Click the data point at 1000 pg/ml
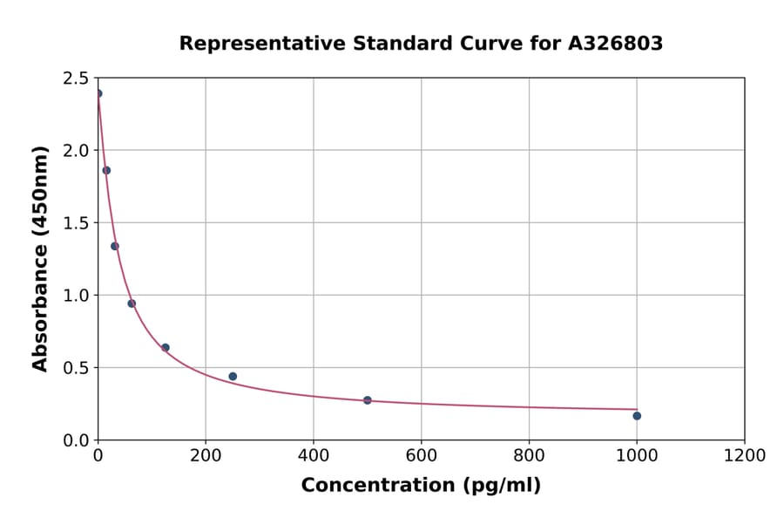tap(637, 416)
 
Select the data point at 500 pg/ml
tap(367, 400)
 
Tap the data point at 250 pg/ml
tap(233, 377)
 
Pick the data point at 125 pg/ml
tap(166, 348)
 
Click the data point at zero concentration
tap(98, 93)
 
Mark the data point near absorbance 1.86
tap(106, 170)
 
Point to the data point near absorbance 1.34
tap(115, 246)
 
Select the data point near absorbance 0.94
tap(132, 303)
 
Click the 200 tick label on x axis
tap(206, 455)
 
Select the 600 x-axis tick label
tap(421, 455)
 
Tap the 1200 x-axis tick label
tap(744, 455)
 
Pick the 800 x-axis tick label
tap(529, 455)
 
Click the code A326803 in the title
tap(615, 44)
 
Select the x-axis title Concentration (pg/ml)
tap(421, 486)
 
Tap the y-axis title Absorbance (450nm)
tap(40, 258)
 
